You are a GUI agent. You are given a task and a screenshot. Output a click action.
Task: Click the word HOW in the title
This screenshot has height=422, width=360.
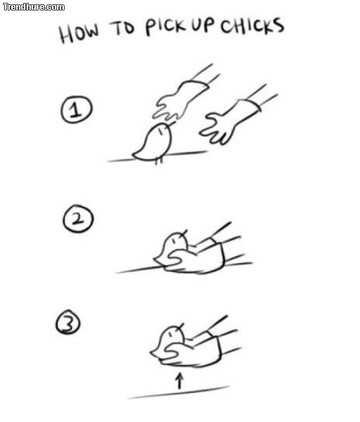click(79, 32)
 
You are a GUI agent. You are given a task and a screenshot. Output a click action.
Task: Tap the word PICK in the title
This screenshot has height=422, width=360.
click(166, 27)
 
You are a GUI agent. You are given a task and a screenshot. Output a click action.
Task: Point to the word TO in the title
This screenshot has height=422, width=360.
click(122, 27)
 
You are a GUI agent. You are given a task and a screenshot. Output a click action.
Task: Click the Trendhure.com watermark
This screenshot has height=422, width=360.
click(34, 7)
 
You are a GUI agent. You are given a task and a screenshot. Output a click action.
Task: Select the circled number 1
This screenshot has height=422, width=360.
click(77, 109)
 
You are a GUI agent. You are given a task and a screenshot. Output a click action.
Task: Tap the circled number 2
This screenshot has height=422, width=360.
click(78, 219)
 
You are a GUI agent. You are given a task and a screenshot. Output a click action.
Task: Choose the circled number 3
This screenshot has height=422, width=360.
click(68, 322)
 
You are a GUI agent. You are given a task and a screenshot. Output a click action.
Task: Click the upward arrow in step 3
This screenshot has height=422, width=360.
click(179, 381)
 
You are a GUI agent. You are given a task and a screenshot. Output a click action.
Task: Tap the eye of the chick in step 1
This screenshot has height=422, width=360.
click(160, 131)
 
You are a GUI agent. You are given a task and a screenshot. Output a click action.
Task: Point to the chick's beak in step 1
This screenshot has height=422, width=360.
click(172, 124)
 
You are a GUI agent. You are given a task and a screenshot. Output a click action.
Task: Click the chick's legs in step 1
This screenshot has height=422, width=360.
click(159, 160)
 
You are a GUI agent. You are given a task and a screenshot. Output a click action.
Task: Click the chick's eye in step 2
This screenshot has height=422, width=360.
click(175, 240)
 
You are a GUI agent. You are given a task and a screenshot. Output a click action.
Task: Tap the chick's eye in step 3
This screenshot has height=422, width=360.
click(170, 334)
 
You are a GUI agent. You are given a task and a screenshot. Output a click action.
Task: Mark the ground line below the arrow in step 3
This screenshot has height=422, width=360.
click(179, 392)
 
